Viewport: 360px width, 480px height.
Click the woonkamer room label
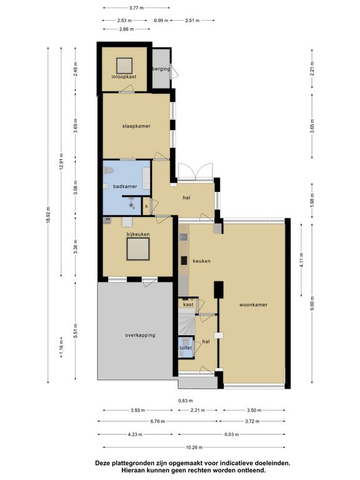point(253,305)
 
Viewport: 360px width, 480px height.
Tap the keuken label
point(201,261)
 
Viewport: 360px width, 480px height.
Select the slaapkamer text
point(136,126)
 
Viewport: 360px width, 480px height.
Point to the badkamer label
point(125,186)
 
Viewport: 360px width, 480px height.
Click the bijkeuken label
point(138,234)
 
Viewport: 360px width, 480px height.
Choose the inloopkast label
point(124,76)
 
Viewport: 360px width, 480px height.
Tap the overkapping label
point(140,335)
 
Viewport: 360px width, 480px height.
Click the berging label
point(161,69)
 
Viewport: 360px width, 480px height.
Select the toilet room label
point(186,348)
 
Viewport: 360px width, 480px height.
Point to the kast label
point(188,304)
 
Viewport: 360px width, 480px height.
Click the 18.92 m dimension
point(48,215)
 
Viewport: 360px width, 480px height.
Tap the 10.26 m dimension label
point(194,447)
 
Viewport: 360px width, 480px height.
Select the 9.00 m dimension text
point(312,303)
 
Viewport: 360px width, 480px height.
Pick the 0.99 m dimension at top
point(161,21)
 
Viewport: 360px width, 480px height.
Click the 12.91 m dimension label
point(61,161)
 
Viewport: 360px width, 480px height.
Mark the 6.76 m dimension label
point(157,421)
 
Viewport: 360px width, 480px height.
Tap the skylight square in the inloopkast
point(124,66)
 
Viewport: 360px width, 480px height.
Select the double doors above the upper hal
point(195,171)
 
